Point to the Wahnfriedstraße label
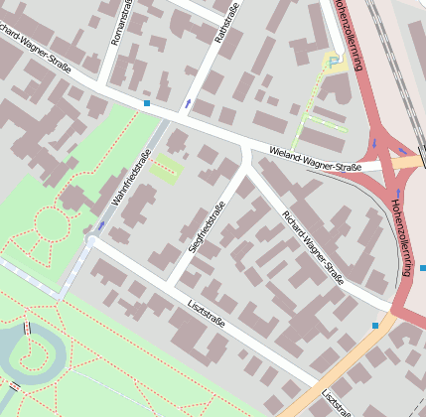(131, 179)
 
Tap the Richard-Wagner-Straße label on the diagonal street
(313, 247)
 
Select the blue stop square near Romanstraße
(147, 103)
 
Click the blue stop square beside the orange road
(375, 325)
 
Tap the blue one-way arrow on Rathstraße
(188, 102)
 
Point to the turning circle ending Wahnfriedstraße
(91, 240)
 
